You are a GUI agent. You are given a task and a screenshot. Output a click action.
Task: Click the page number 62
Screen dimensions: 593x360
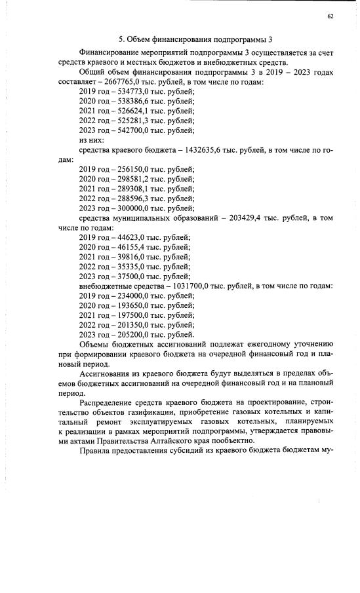point(329,18)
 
